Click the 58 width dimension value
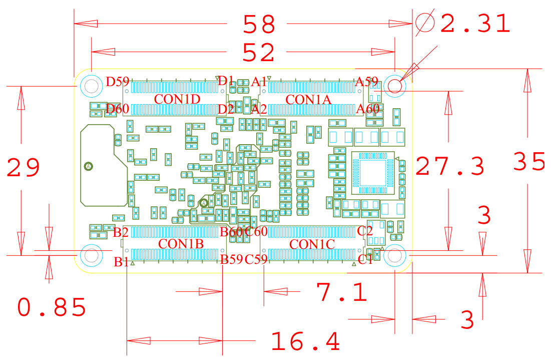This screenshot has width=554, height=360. [259, 24]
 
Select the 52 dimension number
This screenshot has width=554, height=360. [259, 52]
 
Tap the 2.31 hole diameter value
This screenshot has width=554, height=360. [475, 24]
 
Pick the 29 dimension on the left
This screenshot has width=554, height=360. [24, 168]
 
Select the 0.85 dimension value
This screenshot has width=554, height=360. [52, 307]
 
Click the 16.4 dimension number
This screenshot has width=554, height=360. [306, 342]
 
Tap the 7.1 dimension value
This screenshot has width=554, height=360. [342, 292]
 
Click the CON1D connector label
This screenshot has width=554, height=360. [177, 99]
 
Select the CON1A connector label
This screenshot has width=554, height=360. [308, 100]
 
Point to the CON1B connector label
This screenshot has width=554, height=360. [181, 244]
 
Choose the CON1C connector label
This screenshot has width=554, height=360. [312, 244]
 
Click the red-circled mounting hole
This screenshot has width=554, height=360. [395, 86]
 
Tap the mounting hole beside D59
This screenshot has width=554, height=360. [92, 86]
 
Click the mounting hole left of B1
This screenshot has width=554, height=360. [92, 255]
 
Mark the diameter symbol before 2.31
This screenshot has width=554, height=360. [425, 23]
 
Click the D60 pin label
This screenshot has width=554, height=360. [118, 109]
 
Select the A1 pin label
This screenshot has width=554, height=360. [259, 81]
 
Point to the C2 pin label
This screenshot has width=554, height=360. [365, 231]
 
